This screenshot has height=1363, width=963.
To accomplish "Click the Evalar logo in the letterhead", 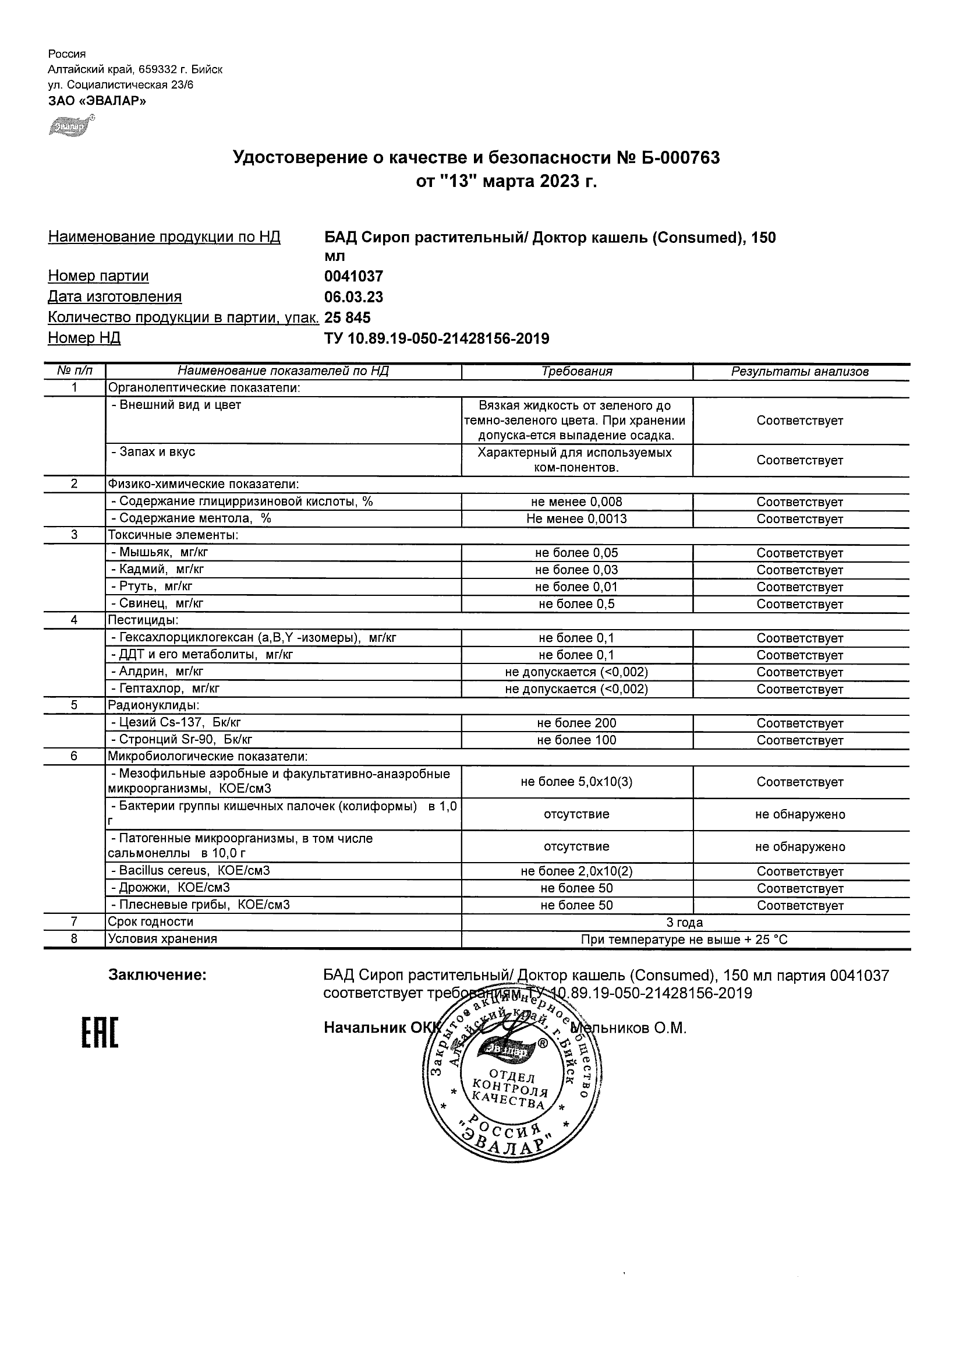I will (70, 126).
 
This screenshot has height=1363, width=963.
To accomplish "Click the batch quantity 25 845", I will (348, 317).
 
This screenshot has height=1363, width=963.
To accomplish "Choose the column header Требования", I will (577, 372).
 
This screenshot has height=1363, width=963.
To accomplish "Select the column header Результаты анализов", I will (800, 372).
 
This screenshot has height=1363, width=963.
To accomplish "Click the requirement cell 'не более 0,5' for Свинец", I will (577, 605).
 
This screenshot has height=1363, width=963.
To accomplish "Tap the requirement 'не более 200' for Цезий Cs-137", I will (577, 723).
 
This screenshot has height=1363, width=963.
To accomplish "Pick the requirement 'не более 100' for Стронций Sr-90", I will (577, 740).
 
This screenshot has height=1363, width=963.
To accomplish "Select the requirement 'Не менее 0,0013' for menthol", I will (577, 519).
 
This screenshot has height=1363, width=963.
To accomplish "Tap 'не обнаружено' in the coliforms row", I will (800, 814).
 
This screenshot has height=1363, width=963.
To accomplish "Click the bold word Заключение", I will (157, 974).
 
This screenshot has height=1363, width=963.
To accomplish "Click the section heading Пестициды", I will (143, 620).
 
